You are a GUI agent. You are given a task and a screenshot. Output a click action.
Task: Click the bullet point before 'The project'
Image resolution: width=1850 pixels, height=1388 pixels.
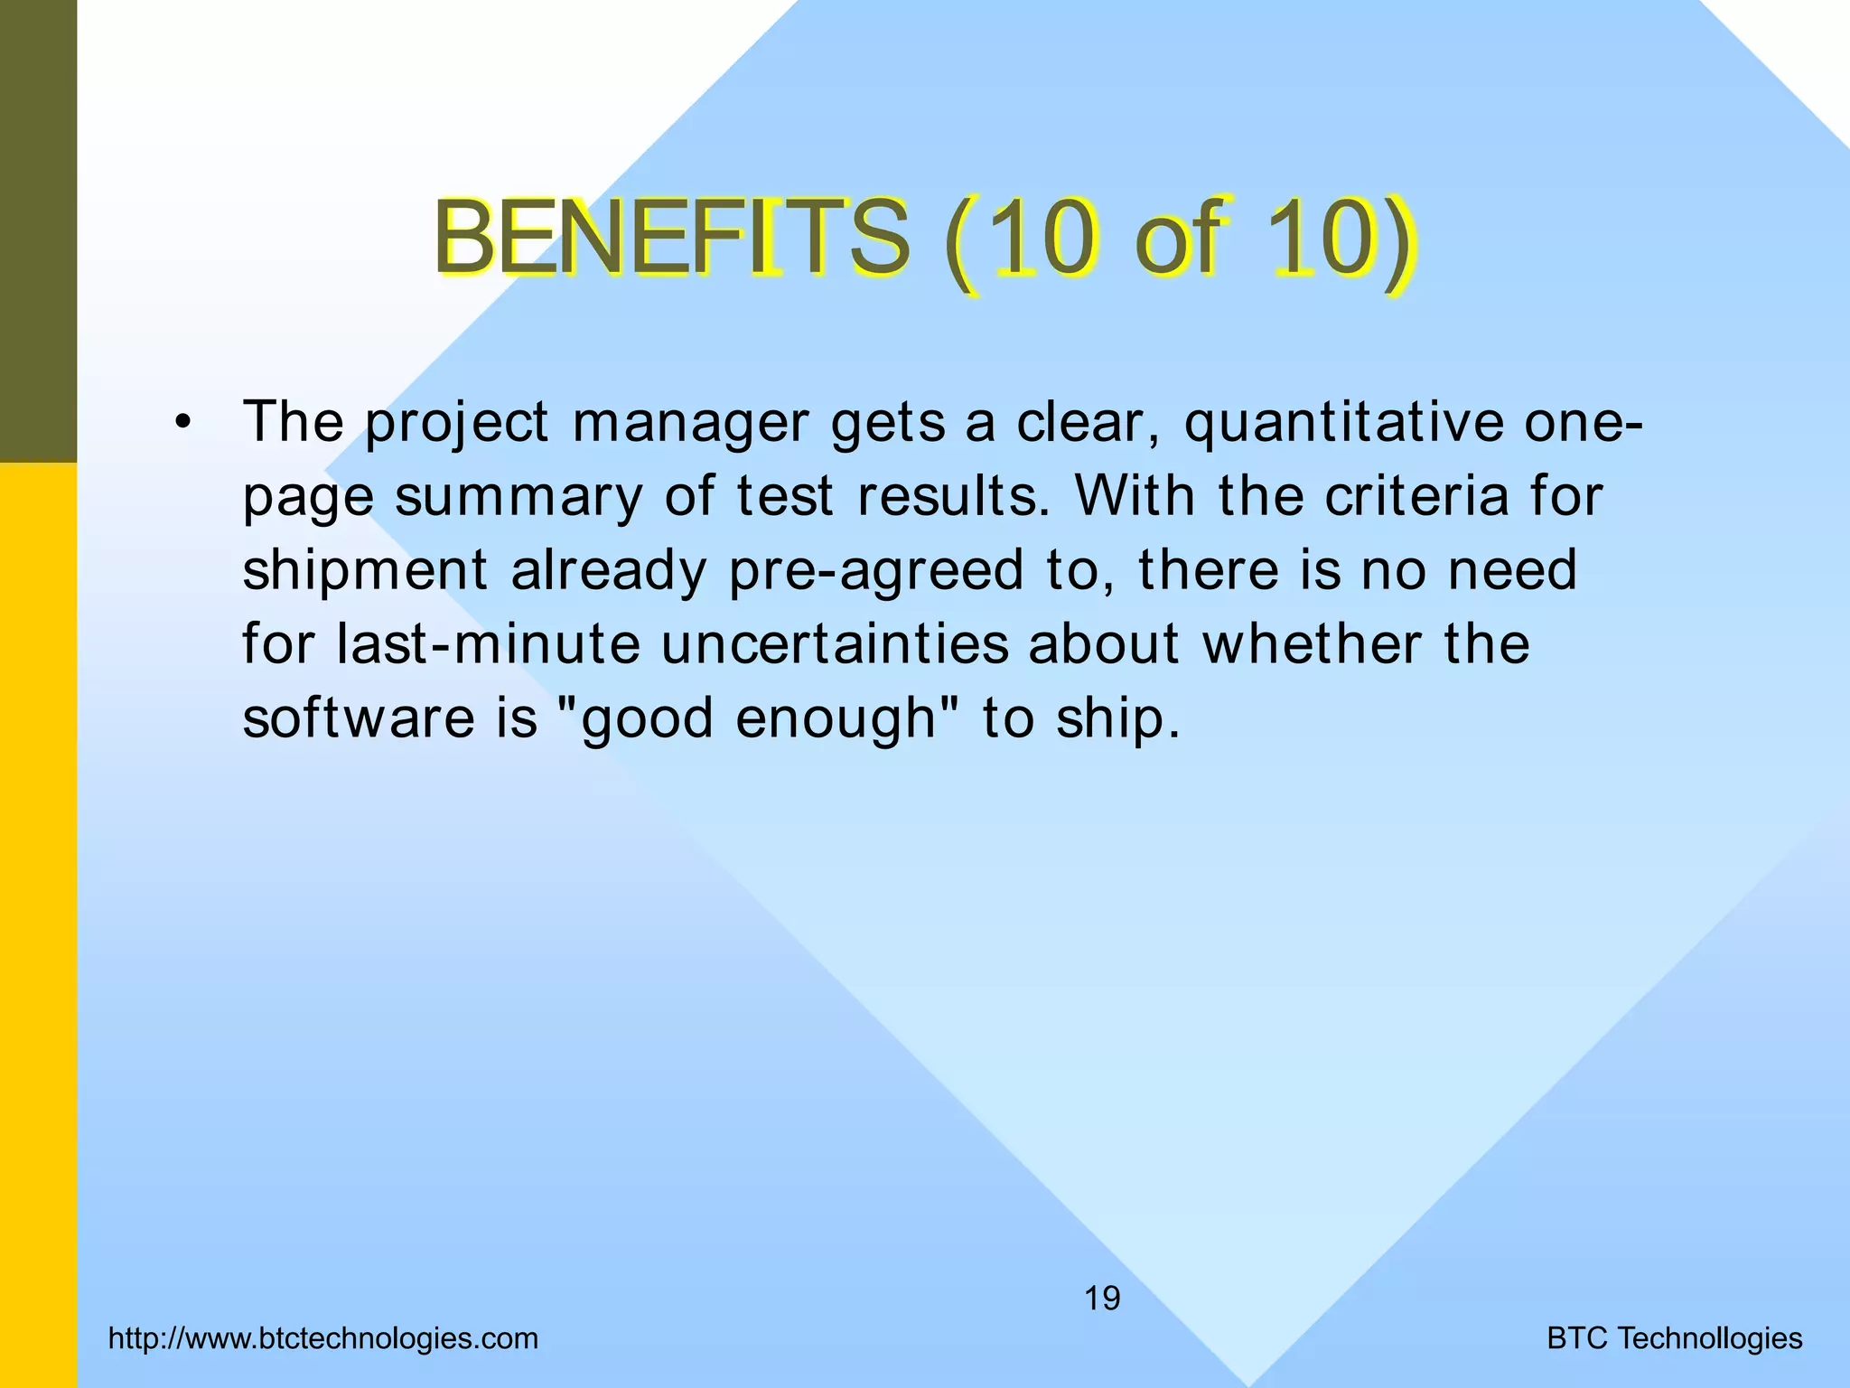[x=184, y=423]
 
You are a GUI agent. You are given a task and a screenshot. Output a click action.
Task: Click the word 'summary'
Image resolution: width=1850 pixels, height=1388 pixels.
[x=518, y=497]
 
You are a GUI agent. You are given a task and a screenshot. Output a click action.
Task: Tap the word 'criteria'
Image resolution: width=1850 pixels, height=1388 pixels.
[x=1416, y=497]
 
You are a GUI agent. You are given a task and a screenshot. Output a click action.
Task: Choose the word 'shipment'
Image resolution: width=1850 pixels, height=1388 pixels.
[x=366, y=571]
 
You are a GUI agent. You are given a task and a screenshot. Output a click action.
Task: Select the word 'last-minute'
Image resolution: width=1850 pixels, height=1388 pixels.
[x=488, y=644]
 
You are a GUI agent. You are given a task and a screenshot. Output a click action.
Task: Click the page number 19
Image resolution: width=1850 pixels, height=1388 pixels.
[x=1102, y=1299]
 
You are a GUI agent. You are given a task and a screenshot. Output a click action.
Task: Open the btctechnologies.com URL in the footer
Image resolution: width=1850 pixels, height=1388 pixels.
[x=322, y=1338]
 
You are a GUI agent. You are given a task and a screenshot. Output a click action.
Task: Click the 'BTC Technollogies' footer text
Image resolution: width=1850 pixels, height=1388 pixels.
[x=1675, y=1338]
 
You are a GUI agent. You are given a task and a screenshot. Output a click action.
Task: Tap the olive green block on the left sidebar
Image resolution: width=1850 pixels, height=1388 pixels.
[x=38, y=230]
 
